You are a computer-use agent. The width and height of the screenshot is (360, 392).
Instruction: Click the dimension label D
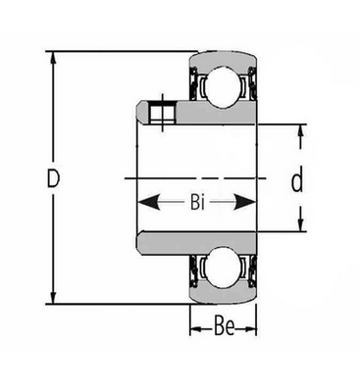pos(53,178)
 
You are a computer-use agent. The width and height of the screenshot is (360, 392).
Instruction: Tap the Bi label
pos(197,203)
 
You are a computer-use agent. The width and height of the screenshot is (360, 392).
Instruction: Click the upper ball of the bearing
pos(224,86)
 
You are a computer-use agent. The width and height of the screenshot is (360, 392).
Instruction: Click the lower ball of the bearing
pos(224,268)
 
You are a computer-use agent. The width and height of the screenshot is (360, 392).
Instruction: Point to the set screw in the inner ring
pos(162,112)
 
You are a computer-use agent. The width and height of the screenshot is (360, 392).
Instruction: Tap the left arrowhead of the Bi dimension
pos(148,203)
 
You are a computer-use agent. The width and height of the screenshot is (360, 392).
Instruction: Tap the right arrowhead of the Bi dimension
pos(244,203)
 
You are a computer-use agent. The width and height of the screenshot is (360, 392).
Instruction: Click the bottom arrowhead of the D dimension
pos(53,295)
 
